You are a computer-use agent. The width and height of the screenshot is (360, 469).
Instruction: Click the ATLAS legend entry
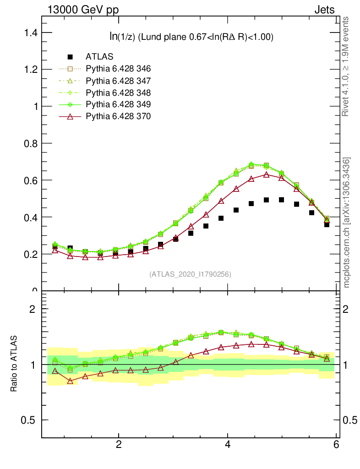coord(99,57)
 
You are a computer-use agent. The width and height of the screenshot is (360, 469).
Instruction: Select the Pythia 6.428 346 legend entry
coord(118,69)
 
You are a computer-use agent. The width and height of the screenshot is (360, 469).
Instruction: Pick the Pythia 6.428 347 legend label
coord(118,81)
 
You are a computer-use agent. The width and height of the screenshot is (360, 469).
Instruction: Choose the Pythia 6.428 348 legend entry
coord(118,93)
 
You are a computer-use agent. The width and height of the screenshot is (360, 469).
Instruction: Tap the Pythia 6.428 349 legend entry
coord(118,104)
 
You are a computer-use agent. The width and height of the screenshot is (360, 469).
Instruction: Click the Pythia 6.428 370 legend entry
coord(118,116)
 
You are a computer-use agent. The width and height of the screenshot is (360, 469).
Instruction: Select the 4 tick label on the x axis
coord(228,445)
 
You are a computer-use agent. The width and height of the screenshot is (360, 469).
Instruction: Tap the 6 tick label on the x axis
coord(337,445)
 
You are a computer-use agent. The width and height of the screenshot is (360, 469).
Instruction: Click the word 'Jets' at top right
coord(324,10)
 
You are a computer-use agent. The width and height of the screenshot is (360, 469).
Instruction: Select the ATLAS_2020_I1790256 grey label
coord(190,274)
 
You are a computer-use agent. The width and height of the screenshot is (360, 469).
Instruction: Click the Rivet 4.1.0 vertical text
coord(346,66)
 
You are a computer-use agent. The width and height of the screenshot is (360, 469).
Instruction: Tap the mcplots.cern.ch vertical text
coord(347,222)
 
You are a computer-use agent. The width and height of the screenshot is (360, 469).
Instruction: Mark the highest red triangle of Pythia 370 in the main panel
coord(266,175)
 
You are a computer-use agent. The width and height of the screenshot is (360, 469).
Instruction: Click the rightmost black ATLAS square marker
coord(327,224)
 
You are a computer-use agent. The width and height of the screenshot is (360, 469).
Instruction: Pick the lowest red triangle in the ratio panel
coord(70,381)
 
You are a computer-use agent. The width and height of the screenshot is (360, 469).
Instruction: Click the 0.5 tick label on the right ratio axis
coord(350,420)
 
